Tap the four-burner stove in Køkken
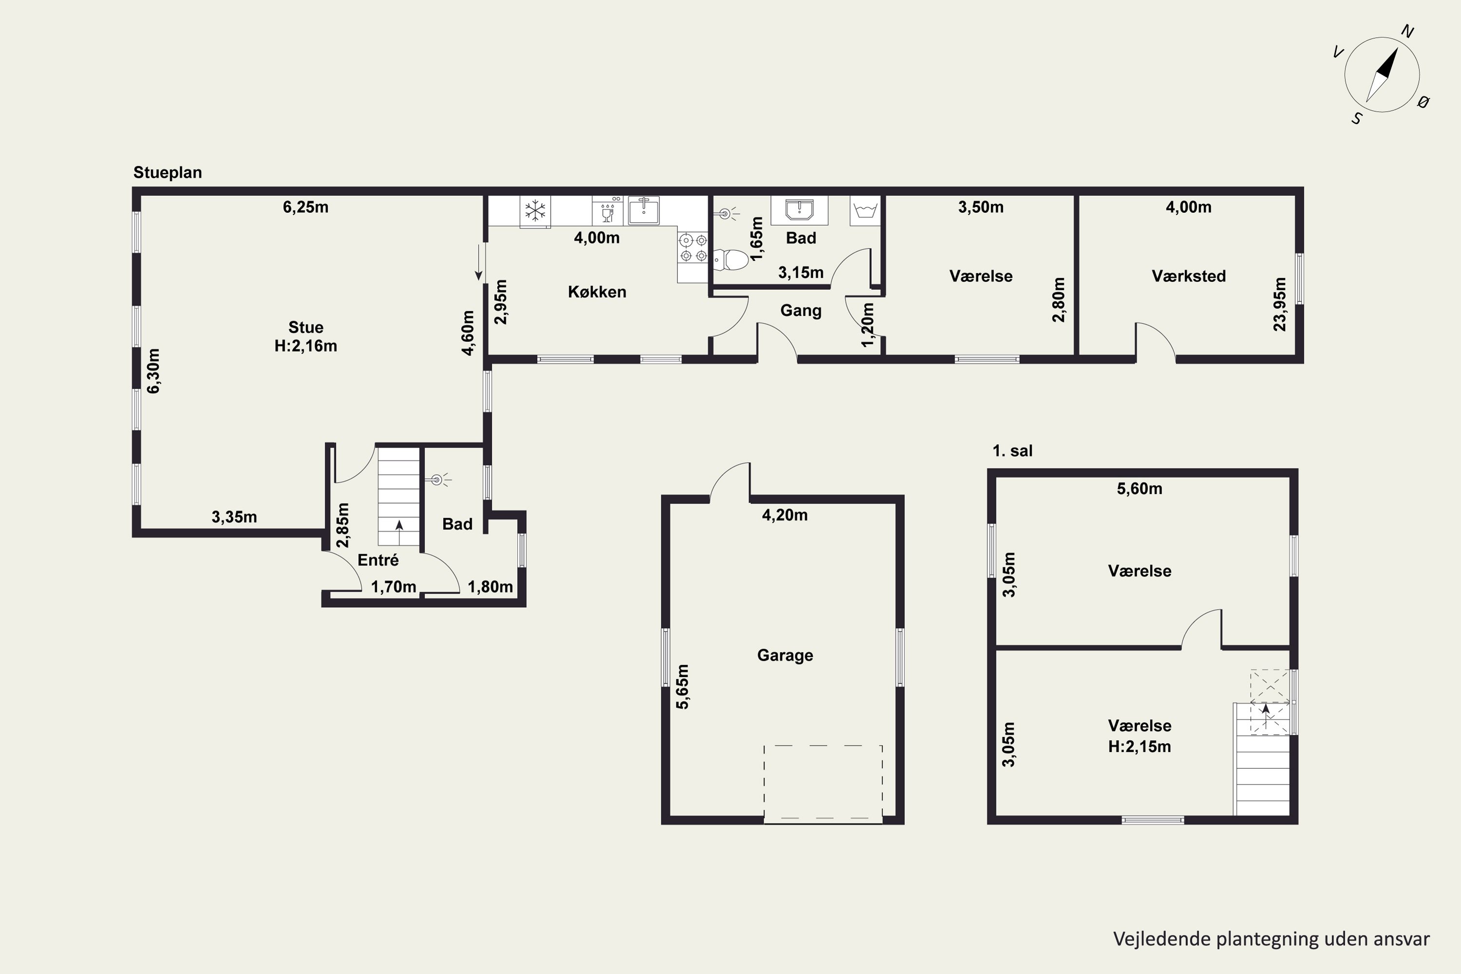693,247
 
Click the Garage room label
785,656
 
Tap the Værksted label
1188,277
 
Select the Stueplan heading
168,173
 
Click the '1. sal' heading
1012,451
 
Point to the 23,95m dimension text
1280,304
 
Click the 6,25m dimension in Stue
306,207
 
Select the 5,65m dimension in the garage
682,686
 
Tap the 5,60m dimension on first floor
1139,489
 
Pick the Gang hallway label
801,311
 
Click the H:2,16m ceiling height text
306,346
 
